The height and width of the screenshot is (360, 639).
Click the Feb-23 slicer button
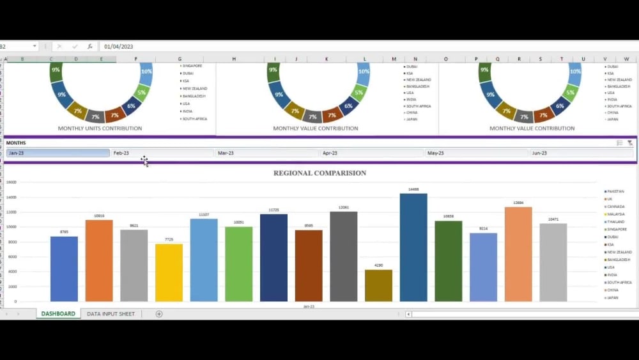[162, 153]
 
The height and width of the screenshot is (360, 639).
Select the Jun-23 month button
[580, 153]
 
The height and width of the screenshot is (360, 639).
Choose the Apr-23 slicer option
[371, 153]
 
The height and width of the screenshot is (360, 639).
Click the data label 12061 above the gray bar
[344, 207]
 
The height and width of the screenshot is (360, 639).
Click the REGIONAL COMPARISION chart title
[319, 173]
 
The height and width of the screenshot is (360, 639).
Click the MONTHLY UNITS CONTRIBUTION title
[100, 129]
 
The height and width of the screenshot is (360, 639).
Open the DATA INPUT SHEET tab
[111, 314]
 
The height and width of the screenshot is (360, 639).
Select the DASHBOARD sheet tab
[58, 314]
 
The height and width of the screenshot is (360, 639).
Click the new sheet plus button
[159, 314]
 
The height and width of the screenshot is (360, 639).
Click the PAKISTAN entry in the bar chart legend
[615, 191]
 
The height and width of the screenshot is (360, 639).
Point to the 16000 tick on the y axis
[12, 182]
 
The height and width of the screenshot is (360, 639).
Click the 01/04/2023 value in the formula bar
[119, 47]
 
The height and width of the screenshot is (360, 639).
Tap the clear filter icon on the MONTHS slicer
[630, 143]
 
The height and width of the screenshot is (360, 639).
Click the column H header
[234, 59]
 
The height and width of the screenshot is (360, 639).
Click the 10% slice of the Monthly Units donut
[146, 72]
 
